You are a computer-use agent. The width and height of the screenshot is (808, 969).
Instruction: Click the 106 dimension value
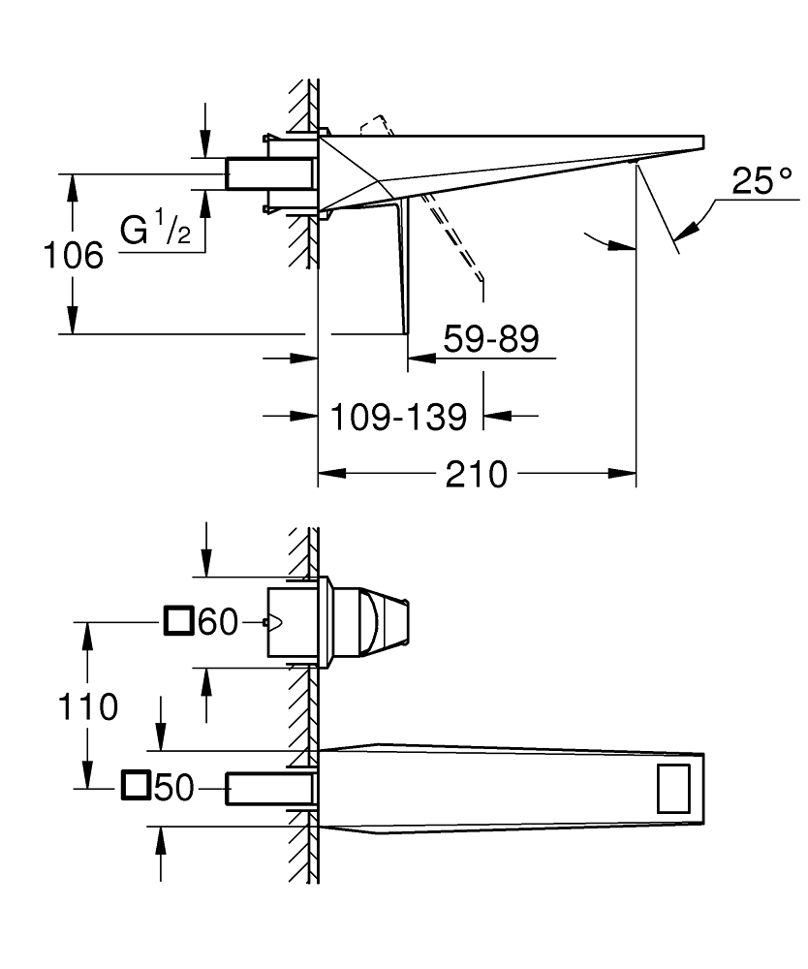[x=74, y=256]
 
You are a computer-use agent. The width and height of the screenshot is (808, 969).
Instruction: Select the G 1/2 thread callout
[x=155, y=232]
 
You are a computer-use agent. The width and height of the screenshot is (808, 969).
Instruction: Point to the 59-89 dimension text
[x=490, y=339]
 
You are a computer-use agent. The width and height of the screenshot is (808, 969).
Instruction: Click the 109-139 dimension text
[x=398, y=417]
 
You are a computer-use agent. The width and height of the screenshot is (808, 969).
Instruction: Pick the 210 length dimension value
[x=477, y=475]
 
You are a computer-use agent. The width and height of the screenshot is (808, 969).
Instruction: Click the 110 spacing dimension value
[x=88, y=706]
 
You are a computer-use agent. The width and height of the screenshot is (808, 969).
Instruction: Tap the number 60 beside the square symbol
[x=217, y=622]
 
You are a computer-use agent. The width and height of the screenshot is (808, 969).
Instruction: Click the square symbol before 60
[x=179, y=620]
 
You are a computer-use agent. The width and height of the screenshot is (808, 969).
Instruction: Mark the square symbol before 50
[x=137, y=787]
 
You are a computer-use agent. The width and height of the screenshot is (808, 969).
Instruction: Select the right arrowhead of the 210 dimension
[x=626, y=474]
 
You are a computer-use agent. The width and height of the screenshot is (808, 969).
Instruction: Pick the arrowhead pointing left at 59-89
[x=417, y=358]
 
